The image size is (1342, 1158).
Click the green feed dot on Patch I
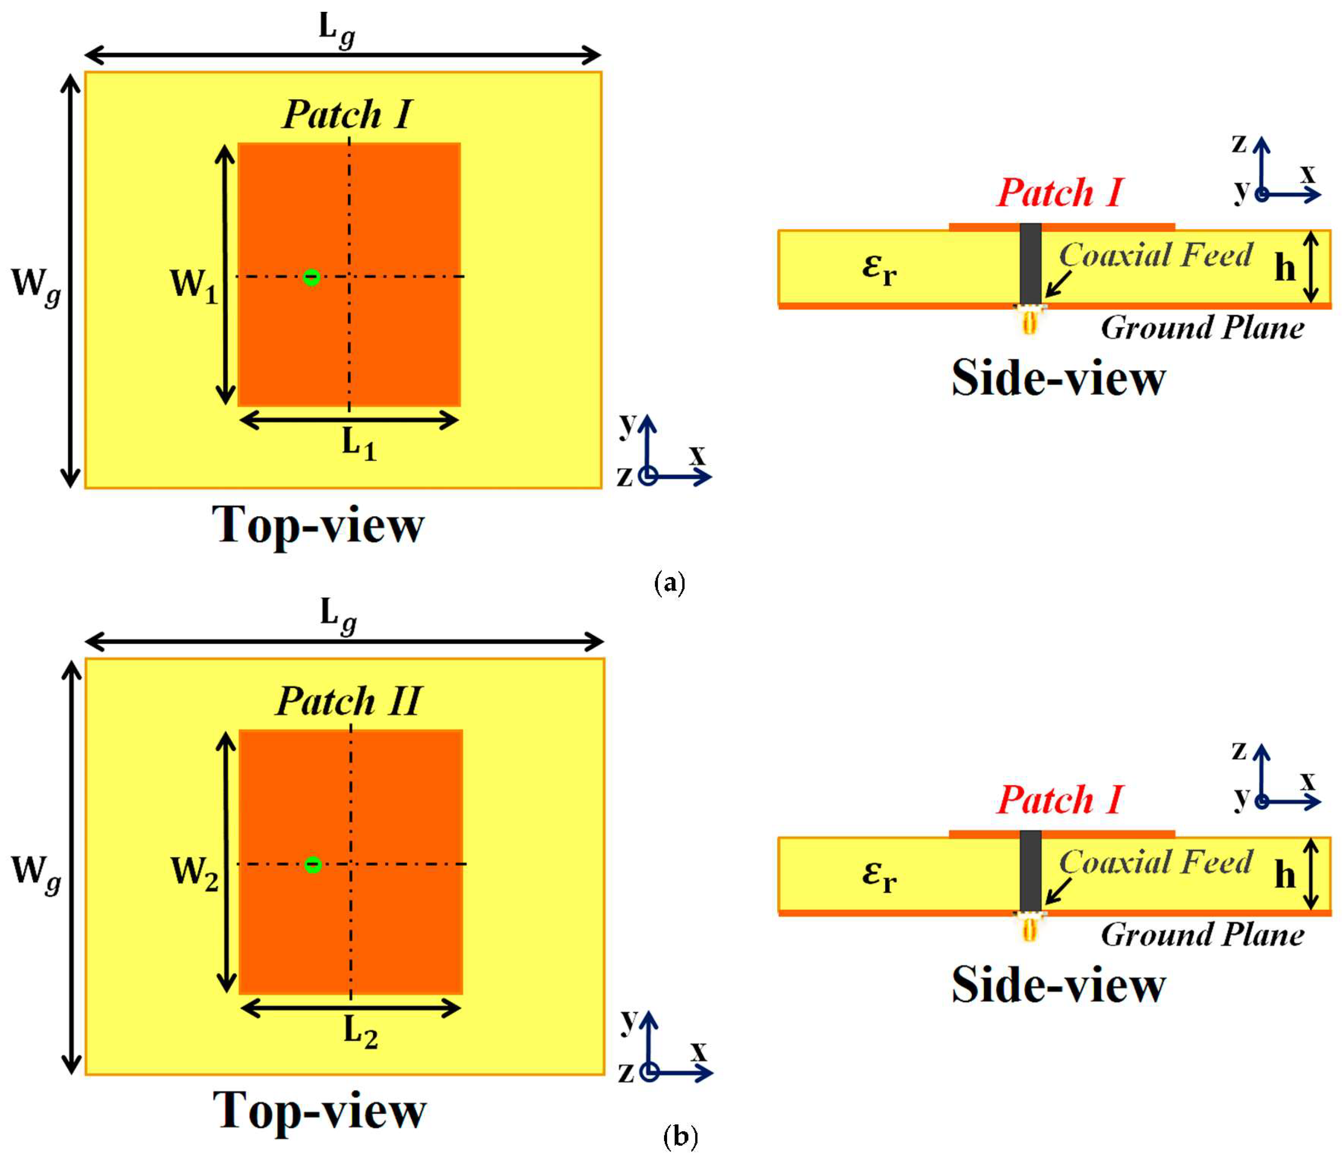[312, 277]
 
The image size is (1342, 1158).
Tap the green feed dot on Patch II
[313, 864]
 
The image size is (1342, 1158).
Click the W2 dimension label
[194, 872]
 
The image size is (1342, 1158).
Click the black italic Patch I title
[347, 115]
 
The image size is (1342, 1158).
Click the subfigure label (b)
[680, 1137]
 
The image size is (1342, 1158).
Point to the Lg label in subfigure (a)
[337, 30]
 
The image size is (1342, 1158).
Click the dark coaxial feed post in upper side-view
[1030, 264]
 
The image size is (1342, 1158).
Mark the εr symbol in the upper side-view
[879, 268]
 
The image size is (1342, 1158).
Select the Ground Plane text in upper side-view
[1202, 328]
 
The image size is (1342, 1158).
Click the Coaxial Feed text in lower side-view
[1155, 862]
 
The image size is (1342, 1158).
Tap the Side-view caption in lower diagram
[1058, 984]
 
